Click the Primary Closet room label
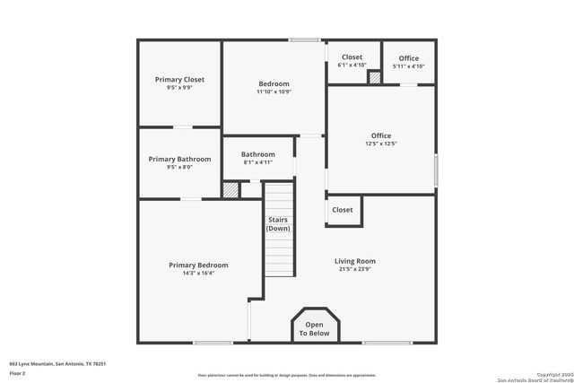179,80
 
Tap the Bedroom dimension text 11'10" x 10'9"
274,91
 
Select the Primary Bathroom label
179,159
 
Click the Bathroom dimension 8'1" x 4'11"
257,163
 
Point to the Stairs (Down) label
278,224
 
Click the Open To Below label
314,329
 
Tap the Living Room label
354,261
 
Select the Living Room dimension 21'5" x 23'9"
354,269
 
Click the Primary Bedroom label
198,265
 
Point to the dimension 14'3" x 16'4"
198,273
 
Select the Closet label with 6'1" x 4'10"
352,61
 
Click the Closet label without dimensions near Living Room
343,210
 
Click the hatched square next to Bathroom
231,190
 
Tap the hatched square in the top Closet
375,78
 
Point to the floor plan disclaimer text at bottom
287,375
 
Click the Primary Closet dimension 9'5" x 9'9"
179,88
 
